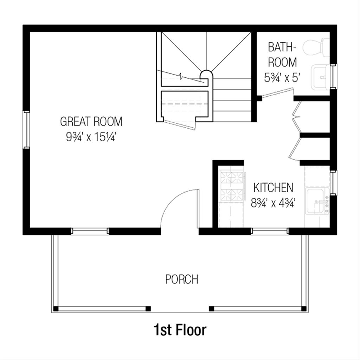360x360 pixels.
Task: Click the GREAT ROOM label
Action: (91, 122)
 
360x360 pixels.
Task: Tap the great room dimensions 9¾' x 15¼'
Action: (91, 137)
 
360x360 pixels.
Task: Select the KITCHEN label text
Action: (273, 188)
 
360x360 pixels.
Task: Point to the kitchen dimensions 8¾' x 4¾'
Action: (273, 203)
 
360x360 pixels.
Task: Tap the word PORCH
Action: (182, 279)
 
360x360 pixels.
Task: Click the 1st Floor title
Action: (180, 330)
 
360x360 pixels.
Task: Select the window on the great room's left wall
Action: (26, 129)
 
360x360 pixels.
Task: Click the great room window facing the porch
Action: (90, 231)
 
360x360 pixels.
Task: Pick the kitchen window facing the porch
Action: (270, 231)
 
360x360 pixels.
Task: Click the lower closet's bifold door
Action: (295, 148)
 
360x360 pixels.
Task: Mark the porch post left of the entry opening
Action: (148, 309)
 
